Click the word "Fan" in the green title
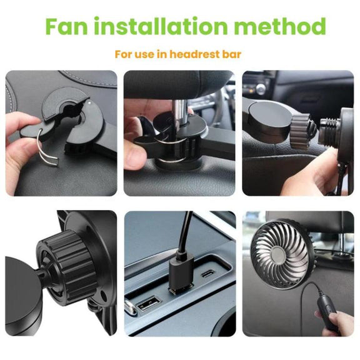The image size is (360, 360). pos(67,26)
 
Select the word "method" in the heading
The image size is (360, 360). pos(280,26)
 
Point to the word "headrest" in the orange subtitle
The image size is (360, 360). pos(194,54)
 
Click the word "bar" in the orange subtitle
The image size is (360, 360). pos(232,54)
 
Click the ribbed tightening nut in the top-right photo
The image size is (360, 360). pos(299,131)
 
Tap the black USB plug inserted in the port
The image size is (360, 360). pos(181,271)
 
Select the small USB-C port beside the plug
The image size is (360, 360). pos(207,274)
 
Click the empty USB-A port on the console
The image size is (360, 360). pos(149,304)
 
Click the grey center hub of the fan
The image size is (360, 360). pos(279,255)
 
